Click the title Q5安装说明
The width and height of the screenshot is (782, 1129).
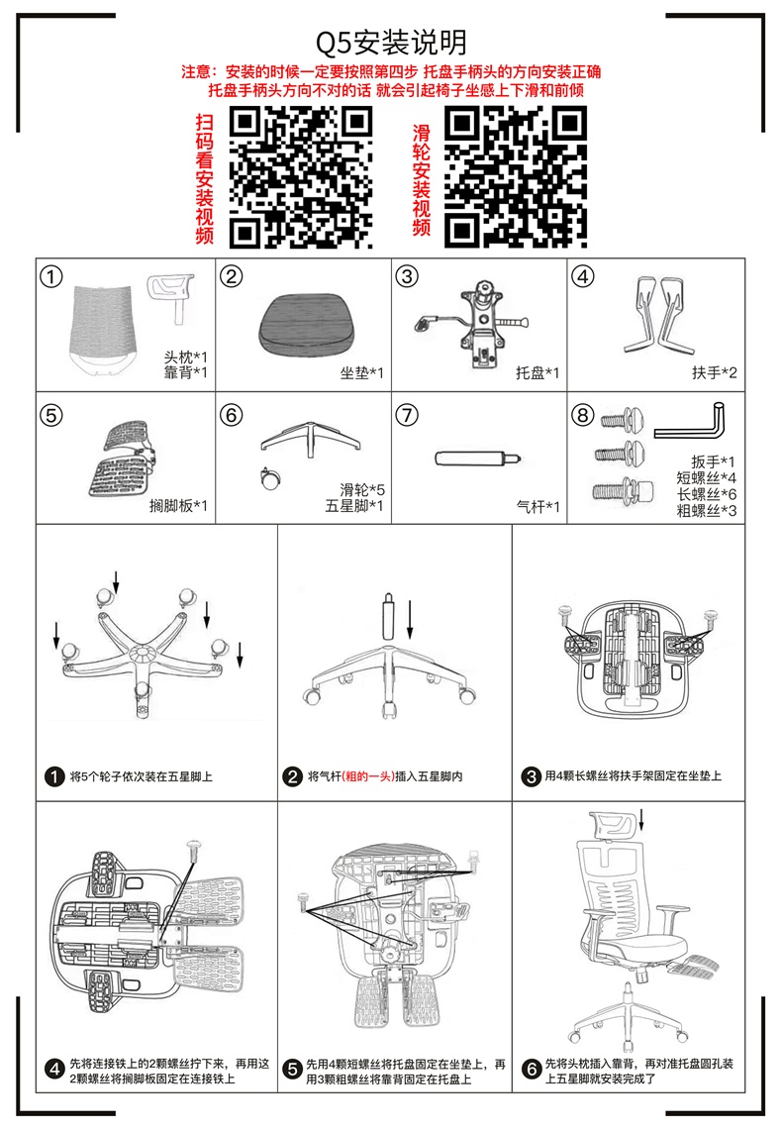[x=391, y=44]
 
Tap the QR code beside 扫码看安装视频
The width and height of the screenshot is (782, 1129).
[x=301, y=177]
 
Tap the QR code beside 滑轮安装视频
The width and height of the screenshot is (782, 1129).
[x=515, y=177]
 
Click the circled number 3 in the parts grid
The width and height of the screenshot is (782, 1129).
[x=407, y=276]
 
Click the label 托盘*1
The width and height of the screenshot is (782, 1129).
[x=538, y=373]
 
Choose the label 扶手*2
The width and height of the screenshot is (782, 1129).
[x=715, y=373]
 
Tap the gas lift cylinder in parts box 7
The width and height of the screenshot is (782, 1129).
[x=478, y=458]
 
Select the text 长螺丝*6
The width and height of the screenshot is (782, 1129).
[x=707, y=494]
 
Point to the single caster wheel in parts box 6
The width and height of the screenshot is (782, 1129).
[x=270, y=478]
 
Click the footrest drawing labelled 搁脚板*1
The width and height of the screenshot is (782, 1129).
[x=122, y=459]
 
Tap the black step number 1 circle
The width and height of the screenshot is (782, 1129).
[x=54, y=776]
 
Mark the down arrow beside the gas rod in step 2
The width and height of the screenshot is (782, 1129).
[x=410, y=619]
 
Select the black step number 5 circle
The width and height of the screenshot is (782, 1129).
[x=292, y=1070]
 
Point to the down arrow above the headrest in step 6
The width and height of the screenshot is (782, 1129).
[x=641, y=819]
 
